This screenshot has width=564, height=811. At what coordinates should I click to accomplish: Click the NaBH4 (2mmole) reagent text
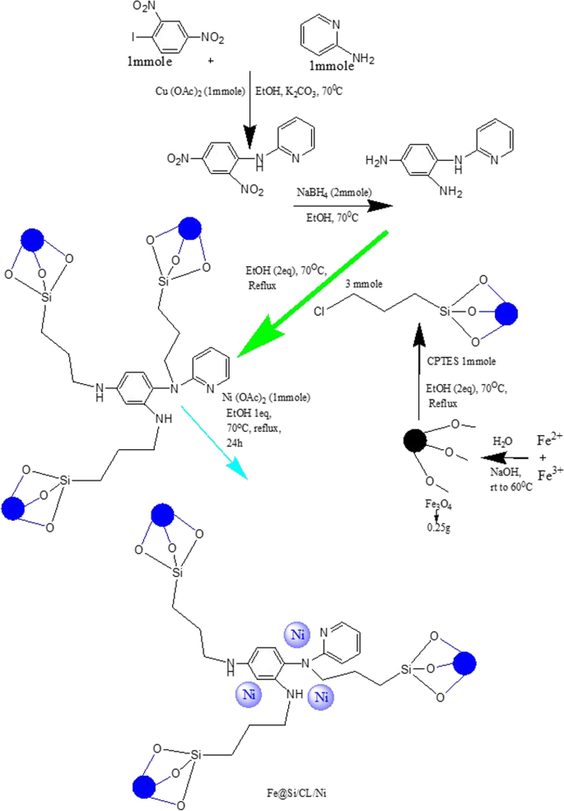click(x=332, y=192)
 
